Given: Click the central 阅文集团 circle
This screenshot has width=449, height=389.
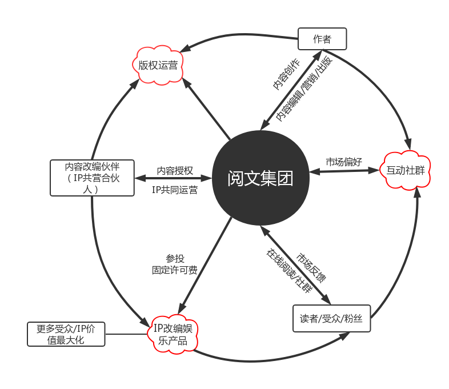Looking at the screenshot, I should coord(260,178).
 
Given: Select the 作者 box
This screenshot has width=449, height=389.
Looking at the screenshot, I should coord(322,39).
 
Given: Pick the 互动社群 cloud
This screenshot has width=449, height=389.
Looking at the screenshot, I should coord(406,170).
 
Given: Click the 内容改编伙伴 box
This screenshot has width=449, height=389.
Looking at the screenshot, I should coord(92,178).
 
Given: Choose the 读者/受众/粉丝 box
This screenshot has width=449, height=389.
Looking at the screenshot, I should coord(331,319).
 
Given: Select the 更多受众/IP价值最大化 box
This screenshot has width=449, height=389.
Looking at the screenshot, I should coord(66,334).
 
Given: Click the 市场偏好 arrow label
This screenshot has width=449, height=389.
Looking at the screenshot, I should coord(344,162).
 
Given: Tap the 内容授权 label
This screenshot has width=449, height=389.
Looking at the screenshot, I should coord(175,170).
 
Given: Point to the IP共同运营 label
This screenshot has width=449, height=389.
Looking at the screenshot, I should coord(175,190).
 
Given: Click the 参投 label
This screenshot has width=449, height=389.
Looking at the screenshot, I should coord(175,259).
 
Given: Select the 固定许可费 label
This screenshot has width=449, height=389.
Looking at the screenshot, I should coord(175,270).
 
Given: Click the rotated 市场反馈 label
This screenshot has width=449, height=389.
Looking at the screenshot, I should coord(311,267).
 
